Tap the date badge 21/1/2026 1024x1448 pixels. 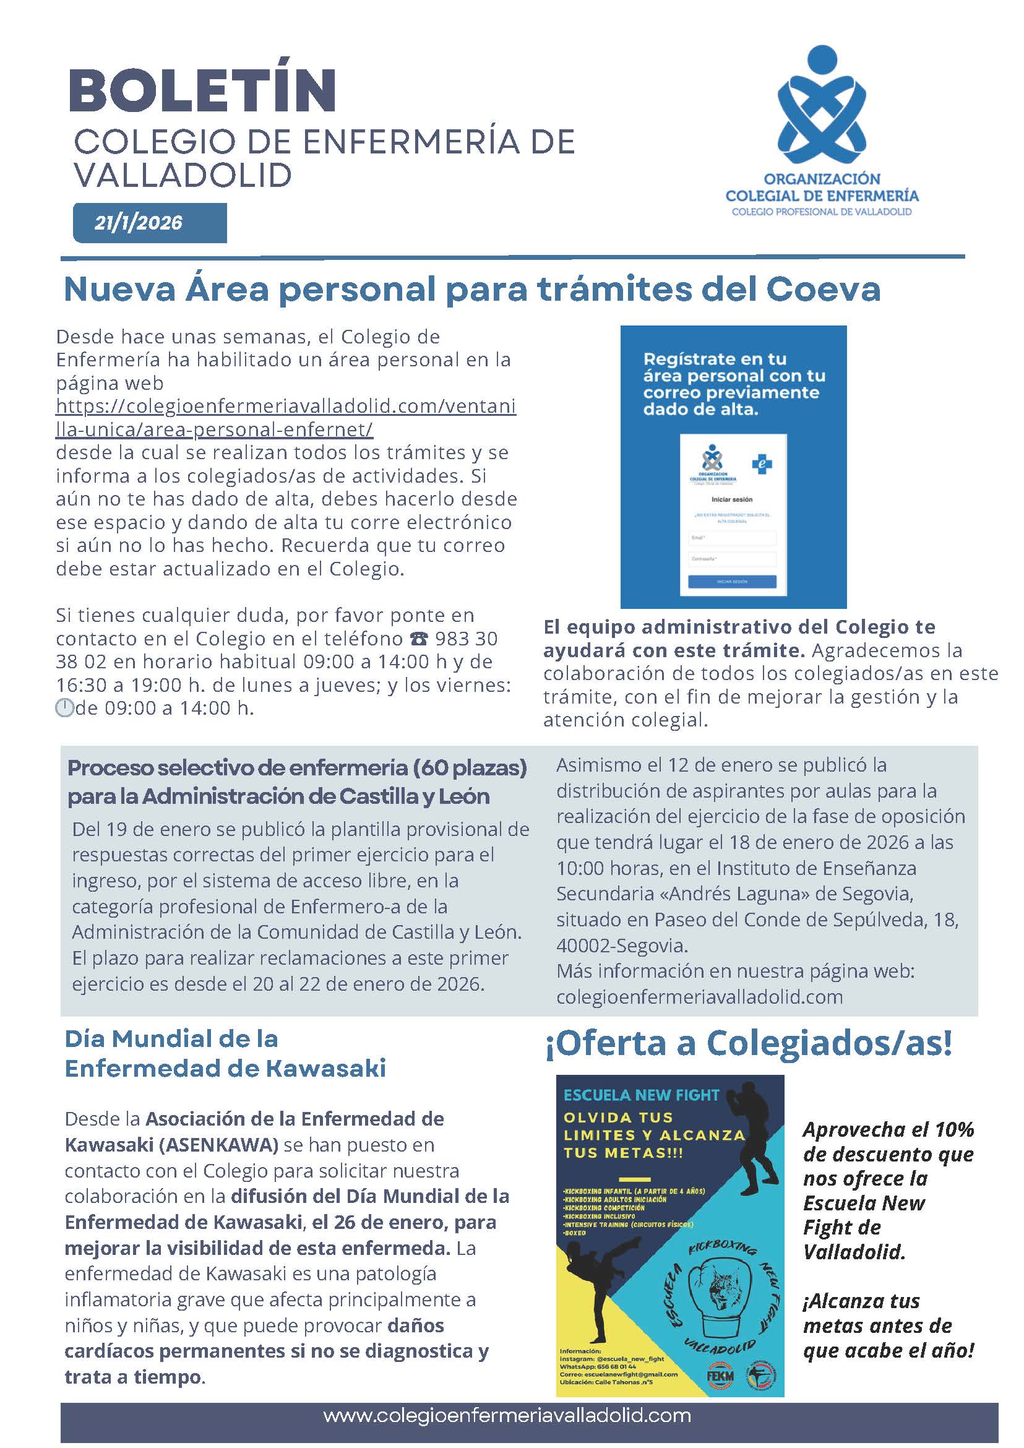[x=139, y=223]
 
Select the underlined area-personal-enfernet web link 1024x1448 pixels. [x=285, y=418]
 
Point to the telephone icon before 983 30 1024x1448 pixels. [x=418, y=639]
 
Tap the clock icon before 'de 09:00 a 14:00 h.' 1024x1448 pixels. [x=64, y=709]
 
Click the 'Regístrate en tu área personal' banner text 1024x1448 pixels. [x=734, y=384]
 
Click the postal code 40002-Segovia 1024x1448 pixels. [x=622, y=946]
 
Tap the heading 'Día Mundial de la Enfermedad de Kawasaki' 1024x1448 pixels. [x=225, y=1054]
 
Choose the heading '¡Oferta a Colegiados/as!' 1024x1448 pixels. [x=749, y=1043]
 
